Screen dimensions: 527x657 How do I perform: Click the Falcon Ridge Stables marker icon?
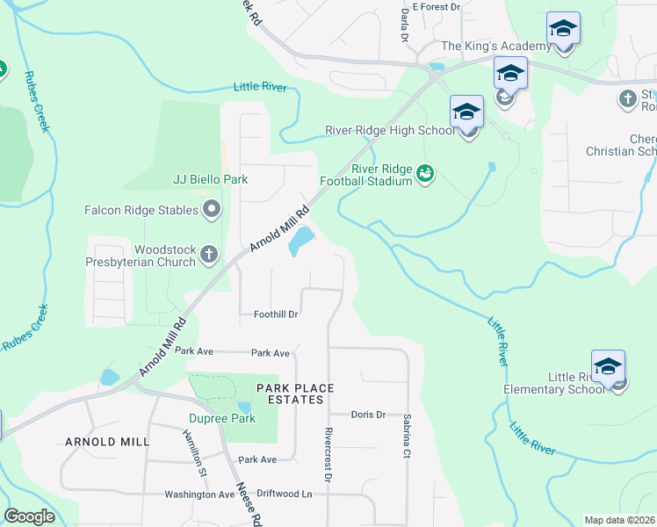click(212, 210)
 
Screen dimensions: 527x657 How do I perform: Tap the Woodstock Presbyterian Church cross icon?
click(209, 255)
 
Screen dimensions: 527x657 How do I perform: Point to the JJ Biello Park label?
click(210, 179)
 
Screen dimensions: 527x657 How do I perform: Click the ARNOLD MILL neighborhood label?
click(102, 442)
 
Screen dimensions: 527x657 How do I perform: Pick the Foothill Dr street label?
click(277, 314)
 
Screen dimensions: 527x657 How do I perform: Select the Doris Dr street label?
click(368, 415)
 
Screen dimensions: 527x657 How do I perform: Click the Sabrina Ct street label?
click(407, 437)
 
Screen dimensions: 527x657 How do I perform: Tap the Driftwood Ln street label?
click(282, 495)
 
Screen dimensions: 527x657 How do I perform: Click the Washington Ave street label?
click(199, 495)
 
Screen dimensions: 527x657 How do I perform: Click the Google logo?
click(30, 516)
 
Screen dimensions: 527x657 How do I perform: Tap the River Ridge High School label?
click(390, 130)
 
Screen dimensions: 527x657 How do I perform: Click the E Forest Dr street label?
click(436, 7)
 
